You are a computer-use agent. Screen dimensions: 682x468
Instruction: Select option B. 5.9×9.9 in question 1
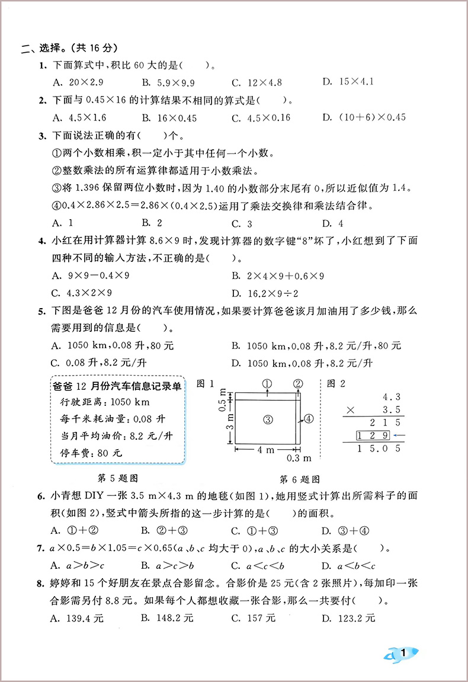(x=168, y=82)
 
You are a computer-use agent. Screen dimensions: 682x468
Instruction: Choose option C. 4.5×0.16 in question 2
(x=261, y=117)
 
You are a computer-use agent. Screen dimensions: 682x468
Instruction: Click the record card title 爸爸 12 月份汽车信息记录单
(x=117, y=386)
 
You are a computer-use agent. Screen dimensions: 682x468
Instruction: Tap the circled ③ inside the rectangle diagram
(x=267, y=419)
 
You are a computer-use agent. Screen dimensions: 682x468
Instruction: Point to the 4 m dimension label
(x=266, y=450)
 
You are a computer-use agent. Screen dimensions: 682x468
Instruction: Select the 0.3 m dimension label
(x=299, y=457)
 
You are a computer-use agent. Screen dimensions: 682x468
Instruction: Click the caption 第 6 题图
(x=300, y=479)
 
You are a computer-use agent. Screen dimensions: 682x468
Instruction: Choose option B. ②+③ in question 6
(x=165, y=530)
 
